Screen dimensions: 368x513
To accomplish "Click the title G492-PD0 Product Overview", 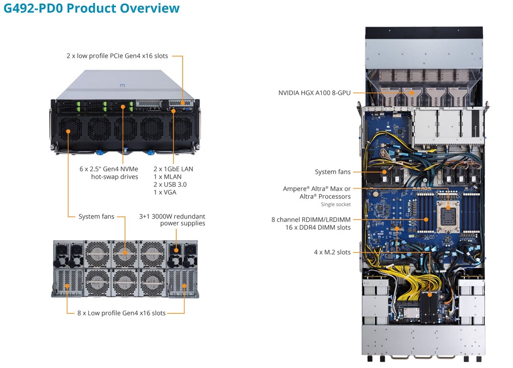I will (91, 9).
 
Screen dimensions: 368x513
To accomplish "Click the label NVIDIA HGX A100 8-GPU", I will (314, 93).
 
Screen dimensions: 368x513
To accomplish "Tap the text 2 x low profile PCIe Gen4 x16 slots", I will (117, 55).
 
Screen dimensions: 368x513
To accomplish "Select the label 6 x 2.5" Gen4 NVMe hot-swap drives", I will (108, 173).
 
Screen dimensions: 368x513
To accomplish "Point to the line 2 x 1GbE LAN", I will (173, 169).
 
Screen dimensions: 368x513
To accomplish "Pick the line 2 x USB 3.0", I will (171, 184).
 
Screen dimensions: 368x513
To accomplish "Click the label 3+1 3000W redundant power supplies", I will (172, 219).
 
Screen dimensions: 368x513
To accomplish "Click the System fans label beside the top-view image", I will (333, 172).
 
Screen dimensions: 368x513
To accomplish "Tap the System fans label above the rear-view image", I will (96, 216).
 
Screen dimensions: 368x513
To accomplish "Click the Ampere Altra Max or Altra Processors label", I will (317, 192).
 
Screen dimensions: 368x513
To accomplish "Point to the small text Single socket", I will (336, 205).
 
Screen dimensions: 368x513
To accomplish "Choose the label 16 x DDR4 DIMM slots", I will (319, 227).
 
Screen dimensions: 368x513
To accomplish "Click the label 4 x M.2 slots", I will (332, 252).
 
